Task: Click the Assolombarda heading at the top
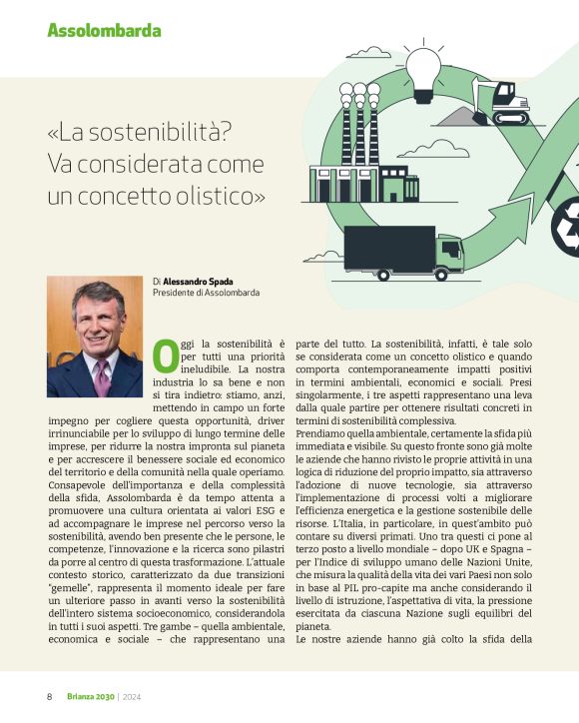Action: (x=104, y=30)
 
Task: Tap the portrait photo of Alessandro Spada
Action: (x=95, y=337)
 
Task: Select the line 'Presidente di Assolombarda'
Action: (x=207, y=294)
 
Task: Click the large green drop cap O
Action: (x=166, y=357)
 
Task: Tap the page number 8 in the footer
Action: (x=49, y=696)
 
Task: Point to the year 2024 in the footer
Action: (x=134, y=696)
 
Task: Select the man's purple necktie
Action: (x=101, y=377)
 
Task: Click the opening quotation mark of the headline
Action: (x=53, y=131)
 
